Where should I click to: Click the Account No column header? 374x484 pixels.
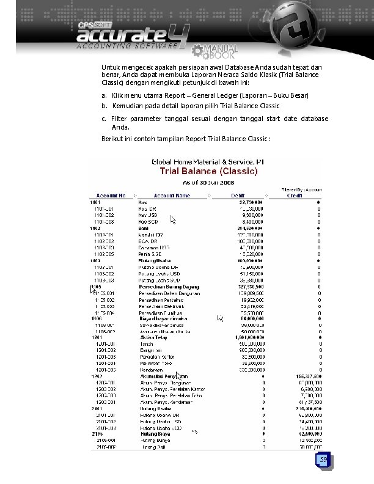(x=111, y=196)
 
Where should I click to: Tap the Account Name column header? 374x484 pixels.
(x=172, y=196)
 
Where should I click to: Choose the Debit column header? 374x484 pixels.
(x=238, y=196)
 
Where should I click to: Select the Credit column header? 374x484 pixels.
(x=295, y=196)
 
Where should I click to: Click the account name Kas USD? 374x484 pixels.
(x=147, y=215)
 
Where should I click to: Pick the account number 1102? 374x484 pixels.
(x=95, y=227)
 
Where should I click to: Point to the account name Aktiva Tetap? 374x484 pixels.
(x=151, y=337)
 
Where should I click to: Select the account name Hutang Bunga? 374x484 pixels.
(x=152, y=439)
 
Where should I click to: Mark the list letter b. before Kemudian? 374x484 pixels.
(x=105, y=106)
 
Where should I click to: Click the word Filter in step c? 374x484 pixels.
(x=119, y=119)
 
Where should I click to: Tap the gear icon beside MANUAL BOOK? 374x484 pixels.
(x=198, y=51)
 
